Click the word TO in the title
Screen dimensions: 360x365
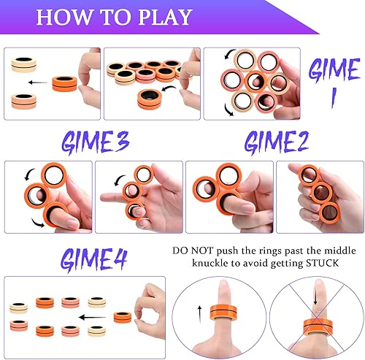[x=108, y=18]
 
